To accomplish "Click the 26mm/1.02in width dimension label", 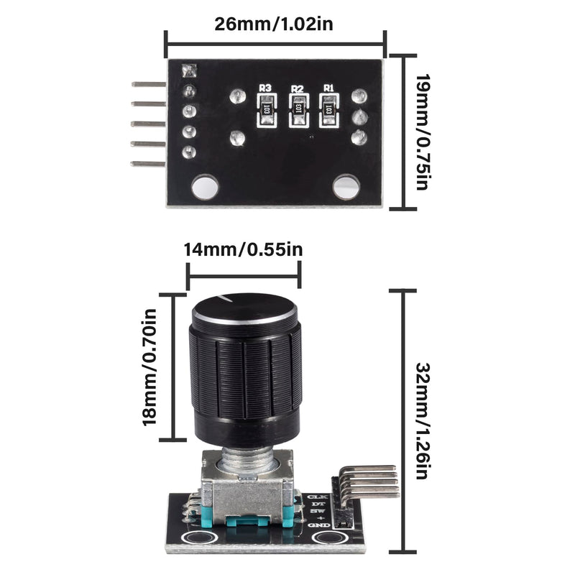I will (x=274, y=23).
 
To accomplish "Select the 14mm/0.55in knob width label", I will (x=244, y=250).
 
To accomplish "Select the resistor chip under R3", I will (x=266, y=111).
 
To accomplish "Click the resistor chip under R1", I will (x=328, y=111).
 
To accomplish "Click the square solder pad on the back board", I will (x=190, y=72).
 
